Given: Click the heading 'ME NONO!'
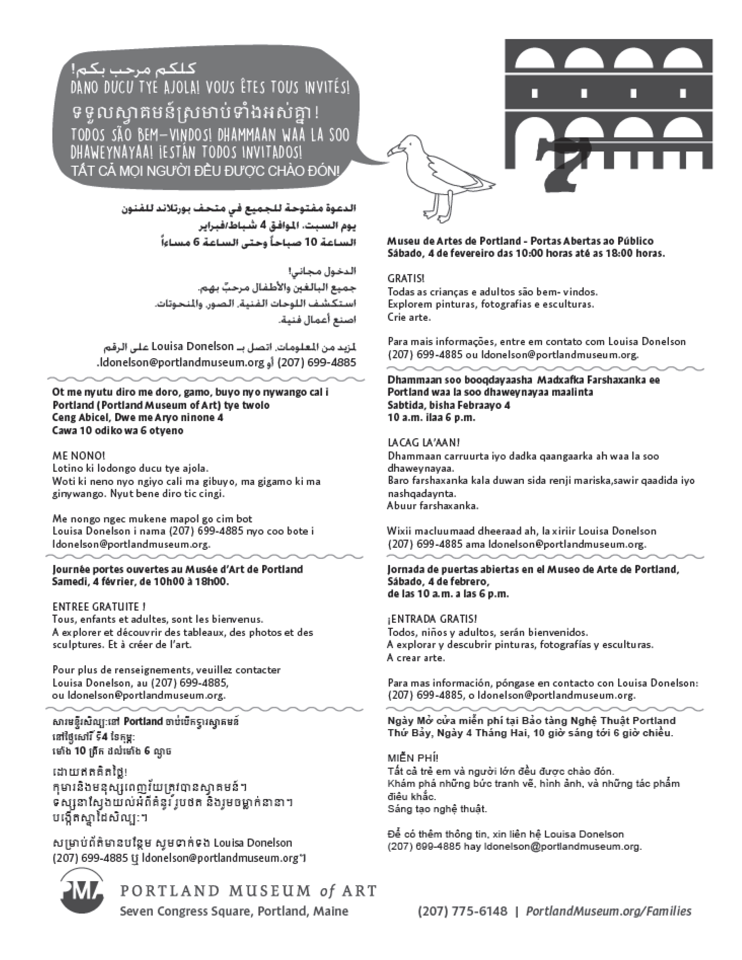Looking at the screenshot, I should [79, 455].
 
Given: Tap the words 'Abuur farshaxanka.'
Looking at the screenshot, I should [433, 505].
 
